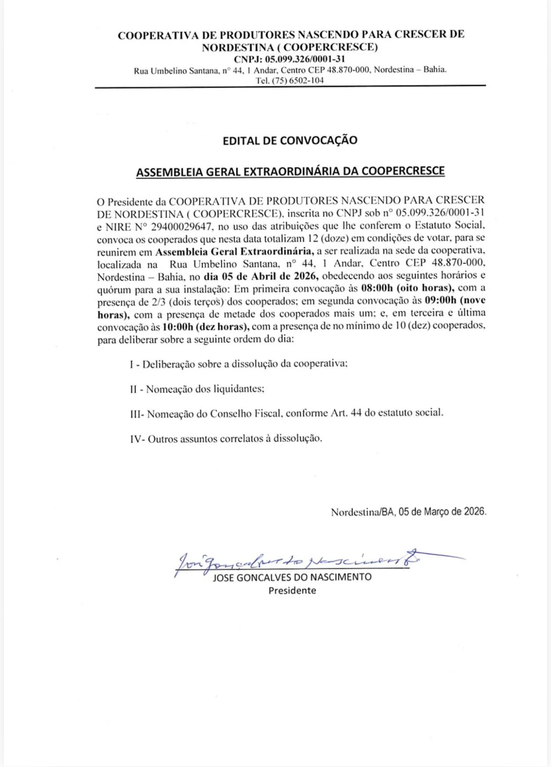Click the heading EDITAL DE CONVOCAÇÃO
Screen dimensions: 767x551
coord(290,140)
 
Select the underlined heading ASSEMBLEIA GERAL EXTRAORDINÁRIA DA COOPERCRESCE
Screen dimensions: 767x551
coord(290,171)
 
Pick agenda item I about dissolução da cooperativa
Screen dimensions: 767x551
coord(238,364)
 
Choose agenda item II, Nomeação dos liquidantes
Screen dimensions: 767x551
coord(197,389)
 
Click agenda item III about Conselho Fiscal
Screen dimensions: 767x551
coord(286,413)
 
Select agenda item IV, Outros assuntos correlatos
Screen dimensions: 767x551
coord(226,438)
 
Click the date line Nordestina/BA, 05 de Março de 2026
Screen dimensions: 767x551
coord(408,511)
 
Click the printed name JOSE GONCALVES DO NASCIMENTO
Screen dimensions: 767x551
coord(292,577)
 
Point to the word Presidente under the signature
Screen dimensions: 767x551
coord(292,591)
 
